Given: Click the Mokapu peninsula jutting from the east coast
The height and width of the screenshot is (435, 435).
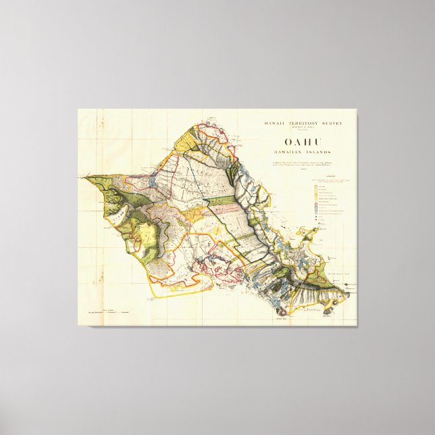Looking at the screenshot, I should tap(311, 233).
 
